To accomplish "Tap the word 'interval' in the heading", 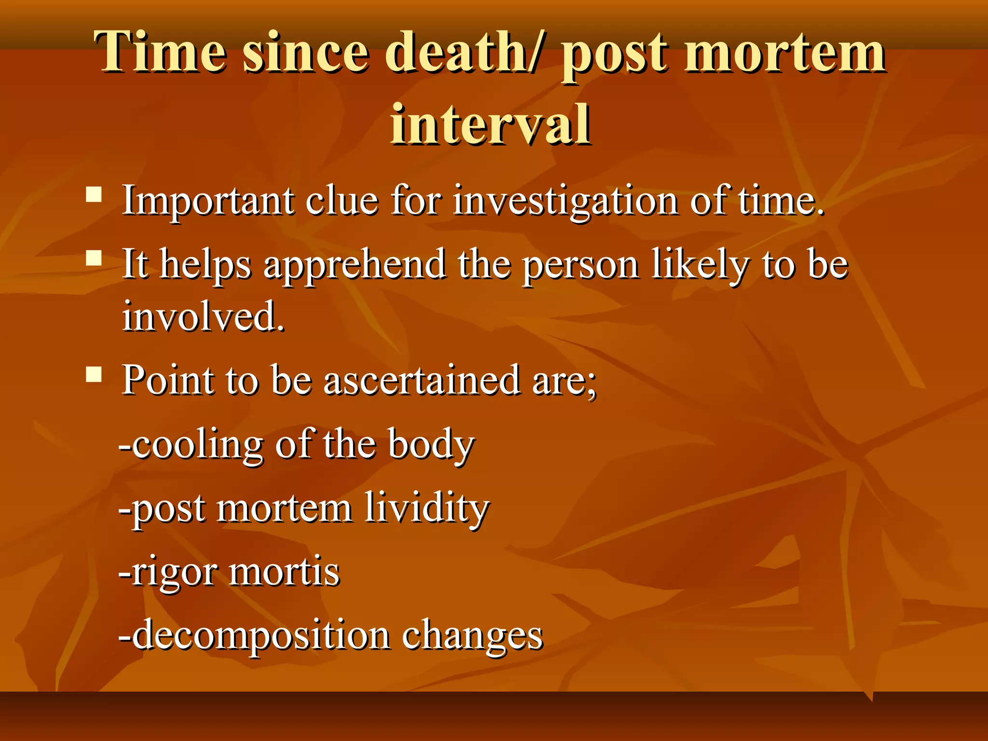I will pos(490,124).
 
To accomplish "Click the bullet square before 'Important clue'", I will pos(94,195).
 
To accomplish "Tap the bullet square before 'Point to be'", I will pos(94,374).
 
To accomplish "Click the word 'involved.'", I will pos(203,316).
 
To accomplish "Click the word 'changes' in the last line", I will pos(472,636).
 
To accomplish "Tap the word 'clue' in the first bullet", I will pos(342,201).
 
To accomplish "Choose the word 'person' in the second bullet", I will pos(581,265).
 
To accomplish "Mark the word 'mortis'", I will pos(285,572).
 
